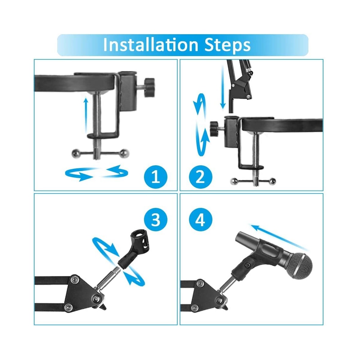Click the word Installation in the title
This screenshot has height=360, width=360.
[x=150, y=45]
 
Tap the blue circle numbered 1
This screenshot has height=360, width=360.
[x=156, y=177]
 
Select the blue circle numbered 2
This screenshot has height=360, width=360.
[x=201, y=177]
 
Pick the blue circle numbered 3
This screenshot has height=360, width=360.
[x=156, y=220]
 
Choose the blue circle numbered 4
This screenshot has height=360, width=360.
[x=201, y=220]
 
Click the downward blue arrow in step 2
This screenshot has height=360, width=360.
[x=223, y=87]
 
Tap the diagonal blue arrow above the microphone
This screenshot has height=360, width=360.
[x=279, y=237]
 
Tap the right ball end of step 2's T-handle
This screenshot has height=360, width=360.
[x=273, y=181]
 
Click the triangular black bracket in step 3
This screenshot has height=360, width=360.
[x=82, y=292]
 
